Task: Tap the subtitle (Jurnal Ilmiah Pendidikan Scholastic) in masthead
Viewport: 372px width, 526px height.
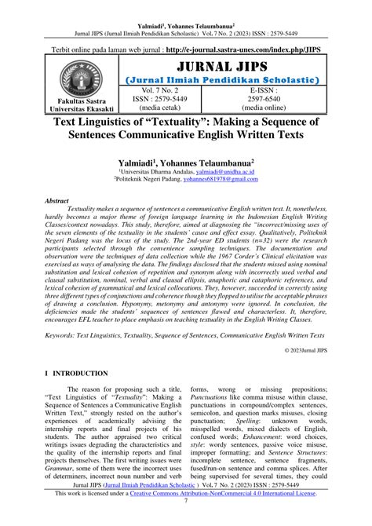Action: click(x=221, y=79)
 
